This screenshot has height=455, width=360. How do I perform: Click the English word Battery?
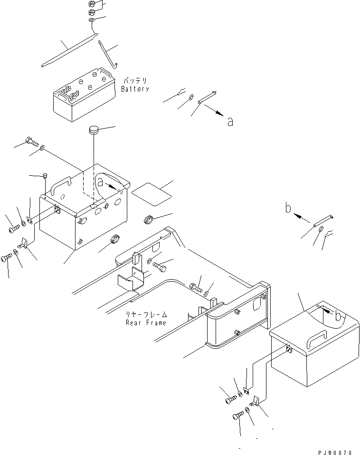point(135,89)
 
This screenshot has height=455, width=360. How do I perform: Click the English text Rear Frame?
point(146,323)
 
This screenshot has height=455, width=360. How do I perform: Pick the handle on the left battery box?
point(61,185)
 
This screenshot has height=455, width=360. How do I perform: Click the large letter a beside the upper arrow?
point(230,122)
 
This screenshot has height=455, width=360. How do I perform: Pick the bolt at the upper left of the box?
point(32,141)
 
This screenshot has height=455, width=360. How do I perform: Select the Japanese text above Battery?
point(136,81)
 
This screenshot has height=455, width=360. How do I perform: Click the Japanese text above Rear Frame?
point(146,315)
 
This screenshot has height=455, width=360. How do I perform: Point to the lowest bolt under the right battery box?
point(238,416)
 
